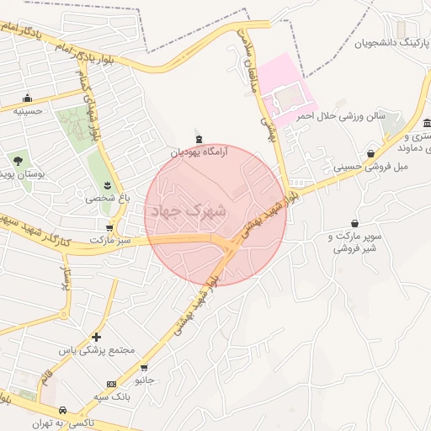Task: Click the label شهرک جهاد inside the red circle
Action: point(187,211)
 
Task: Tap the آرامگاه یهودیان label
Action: point(200,153)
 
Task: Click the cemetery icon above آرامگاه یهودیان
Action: point(199,139)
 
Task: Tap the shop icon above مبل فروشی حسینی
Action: point(371,153)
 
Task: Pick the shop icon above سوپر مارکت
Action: point(355,224)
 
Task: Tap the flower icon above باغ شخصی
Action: point(107,184)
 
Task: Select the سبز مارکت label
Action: point(113,241)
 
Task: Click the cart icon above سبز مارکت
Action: point(109,227)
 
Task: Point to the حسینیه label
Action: point(28,110)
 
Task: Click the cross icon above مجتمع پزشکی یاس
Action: point(97,336)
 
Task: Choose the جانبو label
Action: point(146,380)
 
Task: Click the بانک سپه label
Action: point(110,396)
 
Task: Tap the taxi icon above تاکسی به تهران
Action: point(62,410)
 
